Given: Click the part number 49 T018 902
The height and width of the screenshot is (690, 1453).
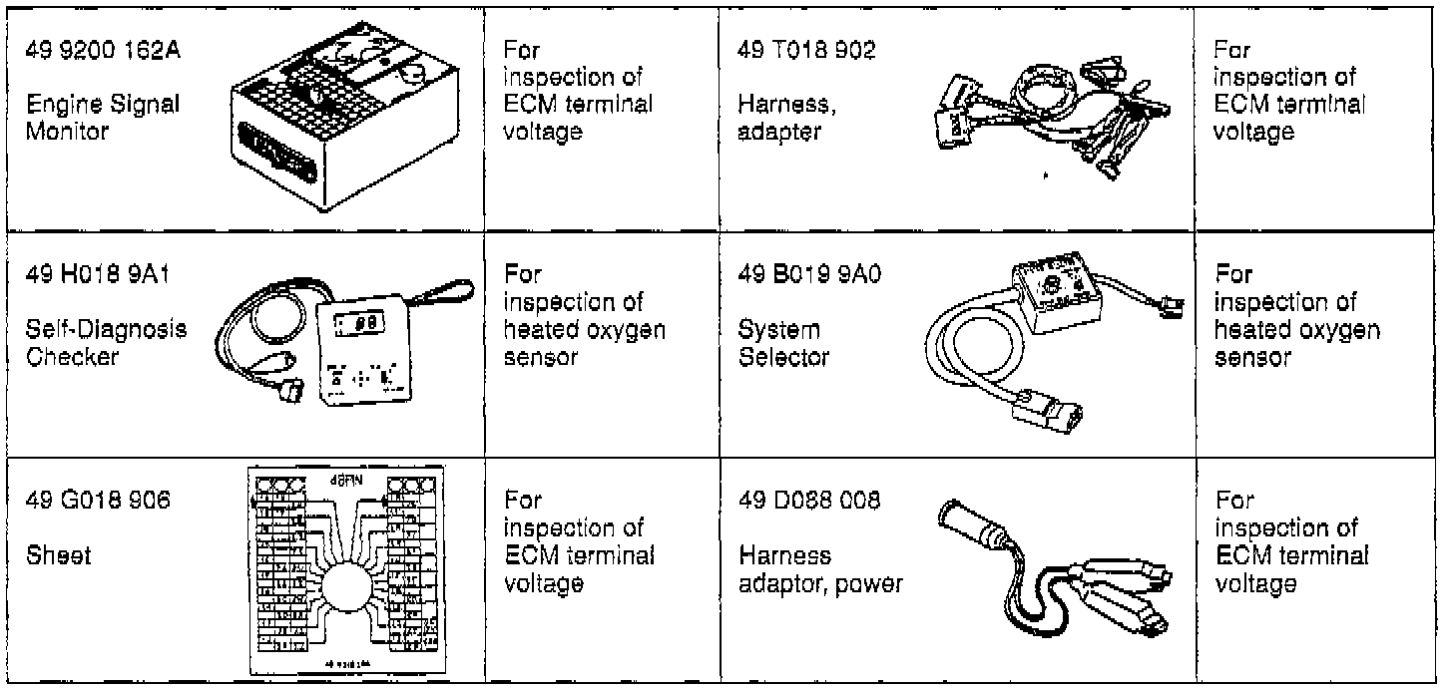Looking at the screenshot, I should click(x=807, y=52).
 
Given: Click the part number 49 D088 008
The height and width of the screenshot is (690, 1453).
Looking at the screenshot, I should click(x=810, y=500).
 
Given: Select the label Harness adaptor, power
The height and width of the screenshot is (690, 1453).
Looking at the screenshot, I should click(x=820, y=569).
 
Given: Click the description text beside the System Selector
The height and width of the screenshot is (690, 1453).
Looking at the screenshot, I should click(x=1296, y=315).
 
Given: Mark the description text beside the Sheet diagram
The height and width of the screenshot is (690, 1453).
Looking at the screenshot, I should click(x=579, y=541).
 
